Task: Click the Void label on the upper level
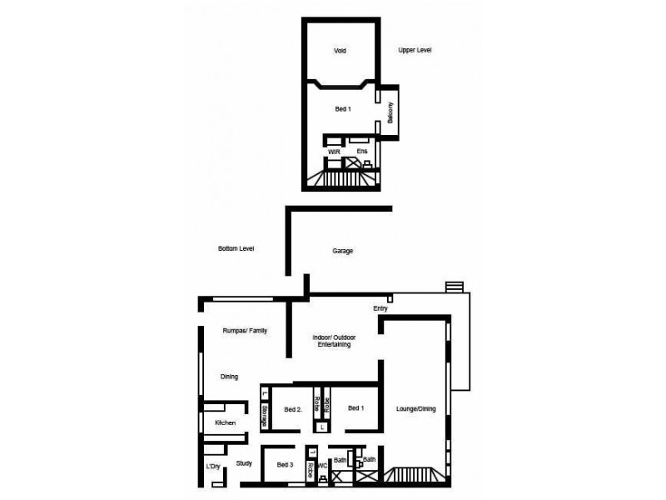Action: coord(340,51)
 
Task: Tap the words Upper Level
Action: coord(415,51)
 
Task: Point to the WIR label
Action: coord(333,151)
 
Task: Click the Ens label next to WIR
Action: coord(361,151)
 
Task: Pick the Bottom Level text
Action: coord(236,249)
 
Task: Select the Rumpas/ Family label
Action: coord(245,331)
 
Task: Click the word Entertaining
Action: coord(332,344)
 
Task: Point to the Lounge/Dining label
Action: coord(416,408)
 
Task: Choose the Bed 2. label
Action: coord(291,409)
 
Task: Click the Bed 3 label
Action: coord(285,465)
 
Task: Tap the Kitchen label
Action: coord(226,423)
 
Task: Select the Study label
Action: coord(243,463)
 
